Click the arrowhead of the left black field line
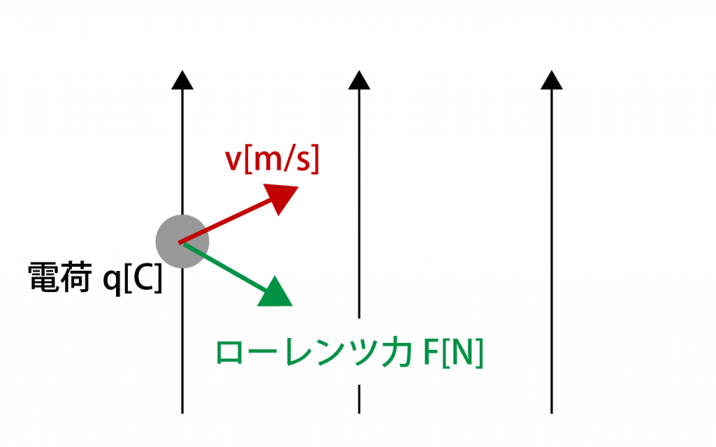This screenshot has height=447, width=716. pos(182,80)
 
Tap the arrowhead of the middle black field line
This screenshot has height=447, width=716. pos(359,80)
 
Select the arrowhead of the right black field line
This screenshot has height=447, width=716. pos(552,80)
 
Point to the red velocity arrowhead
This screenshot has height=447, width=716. pos(281,198)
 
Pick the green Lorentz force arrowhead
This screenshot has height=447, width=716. pos(275,293)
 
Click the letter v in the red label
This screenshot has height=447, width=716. pos(232,160)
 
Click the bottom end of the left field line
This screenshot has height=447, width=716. pos(182,411)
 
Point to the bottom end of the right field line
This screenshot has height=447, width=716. pos(552,411)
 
